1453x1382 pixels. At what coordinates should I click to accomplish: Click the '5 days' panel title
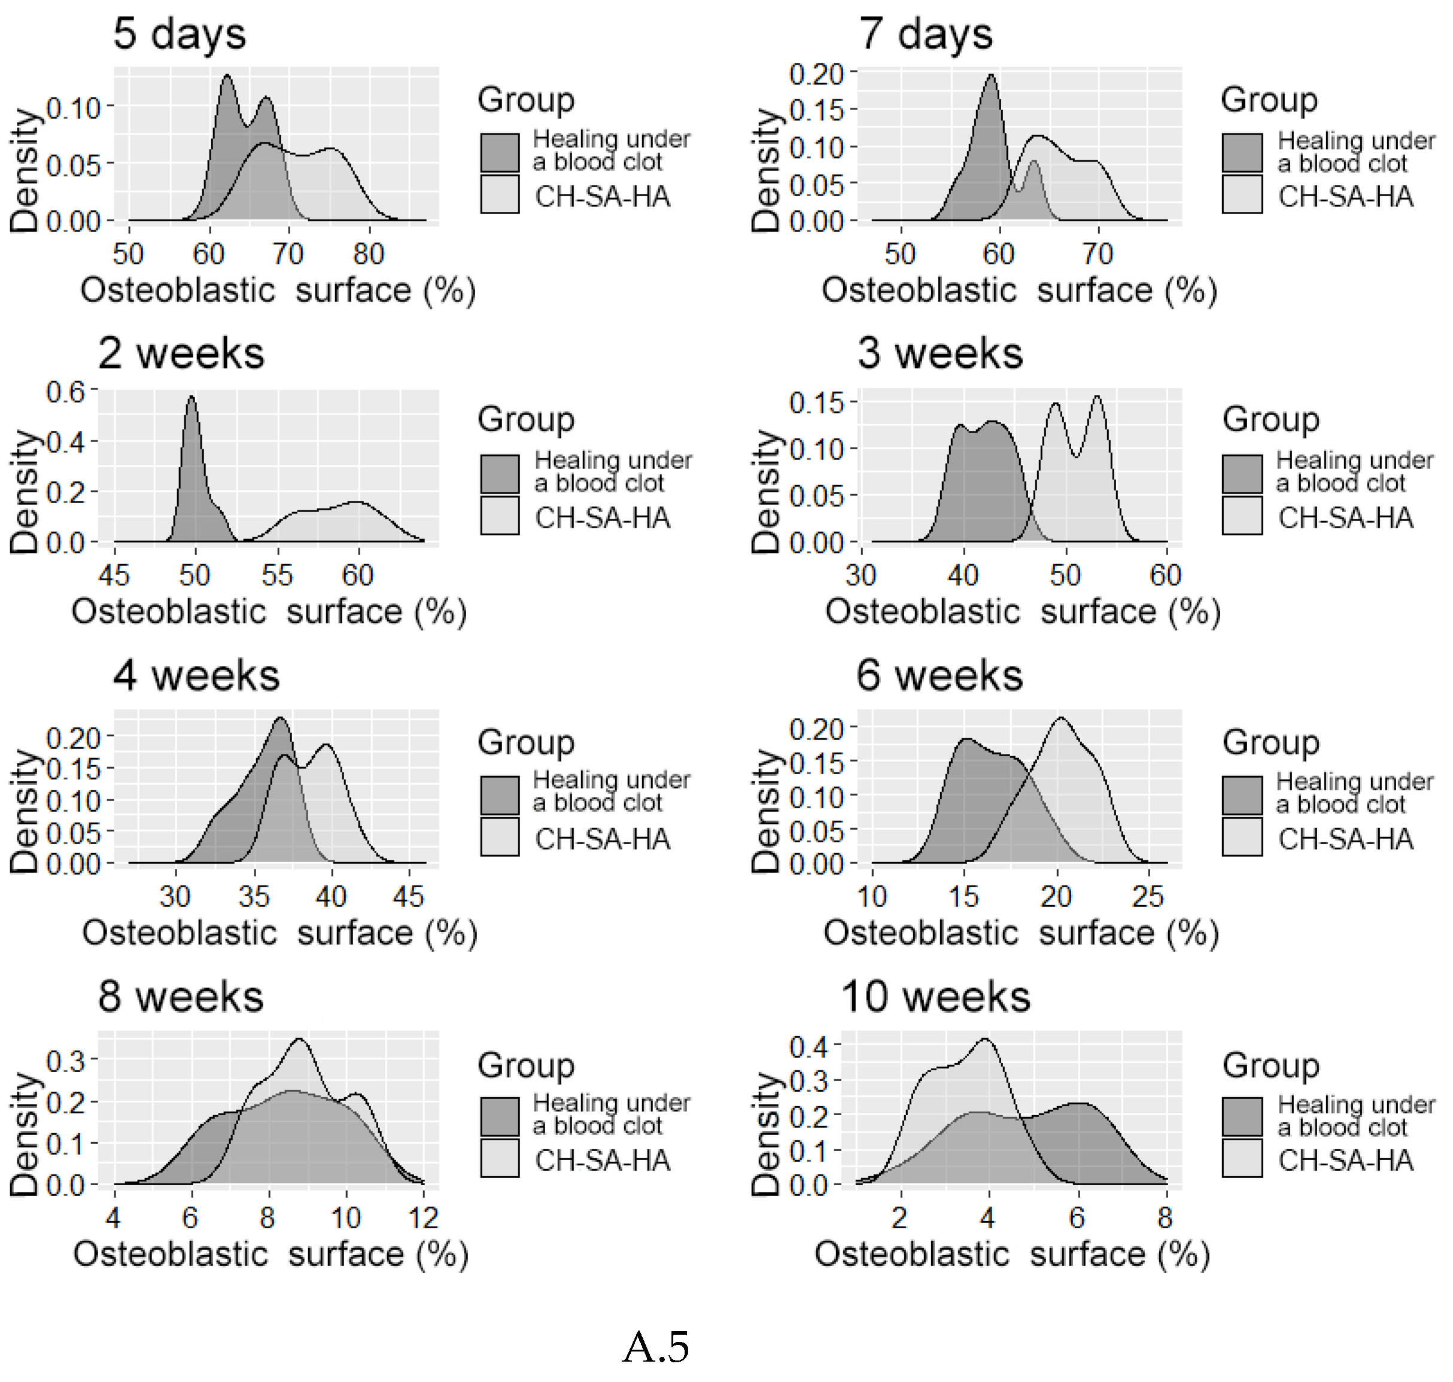(x=179, y=34)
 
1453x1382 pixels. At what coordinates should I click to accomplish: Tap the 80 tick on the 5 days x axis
(x=369, y=254)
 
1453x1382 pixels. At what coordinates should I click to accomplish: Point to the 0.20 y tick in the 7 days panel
(x=816, y=74)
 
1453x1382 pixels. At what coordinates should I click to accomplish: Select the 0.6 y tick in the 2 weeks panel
(x=65, y=392)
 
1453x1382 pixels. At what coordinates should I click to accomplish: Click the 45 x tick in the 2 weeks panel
(x=114, y=576)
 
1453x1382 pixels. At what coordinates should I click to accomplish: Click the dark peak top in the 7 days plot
(x=991, y=77)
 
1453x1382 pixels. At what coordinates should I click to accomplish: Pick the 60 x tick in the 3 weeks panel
(x=1165, y=576)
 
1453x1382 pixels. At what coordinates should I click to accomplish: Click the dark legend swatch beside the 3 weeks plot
(x=1242, y=474)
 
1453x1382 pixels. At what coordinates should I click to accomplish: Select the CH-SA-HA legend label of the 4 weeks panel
(x=602, y=839)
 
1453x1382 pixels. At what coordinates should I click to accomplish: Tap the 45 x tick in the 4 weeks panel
(x=408, y=897)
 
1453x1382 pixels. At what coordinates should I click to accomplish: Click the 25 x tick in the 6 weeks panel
(x=1147, y=897)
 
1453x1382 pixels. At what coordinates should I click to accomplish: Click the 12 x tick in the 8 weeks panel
(x=423, y=1217)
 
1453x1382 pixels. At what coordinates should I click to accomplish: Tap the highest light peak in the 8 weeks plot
(x=299, y=1041)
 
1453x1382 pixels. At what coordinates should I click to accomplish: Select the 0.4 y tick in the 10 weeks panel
(x=808, y=1046)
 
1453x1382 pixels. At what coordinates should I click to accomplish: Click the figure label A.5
(x=655, y=1348)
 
